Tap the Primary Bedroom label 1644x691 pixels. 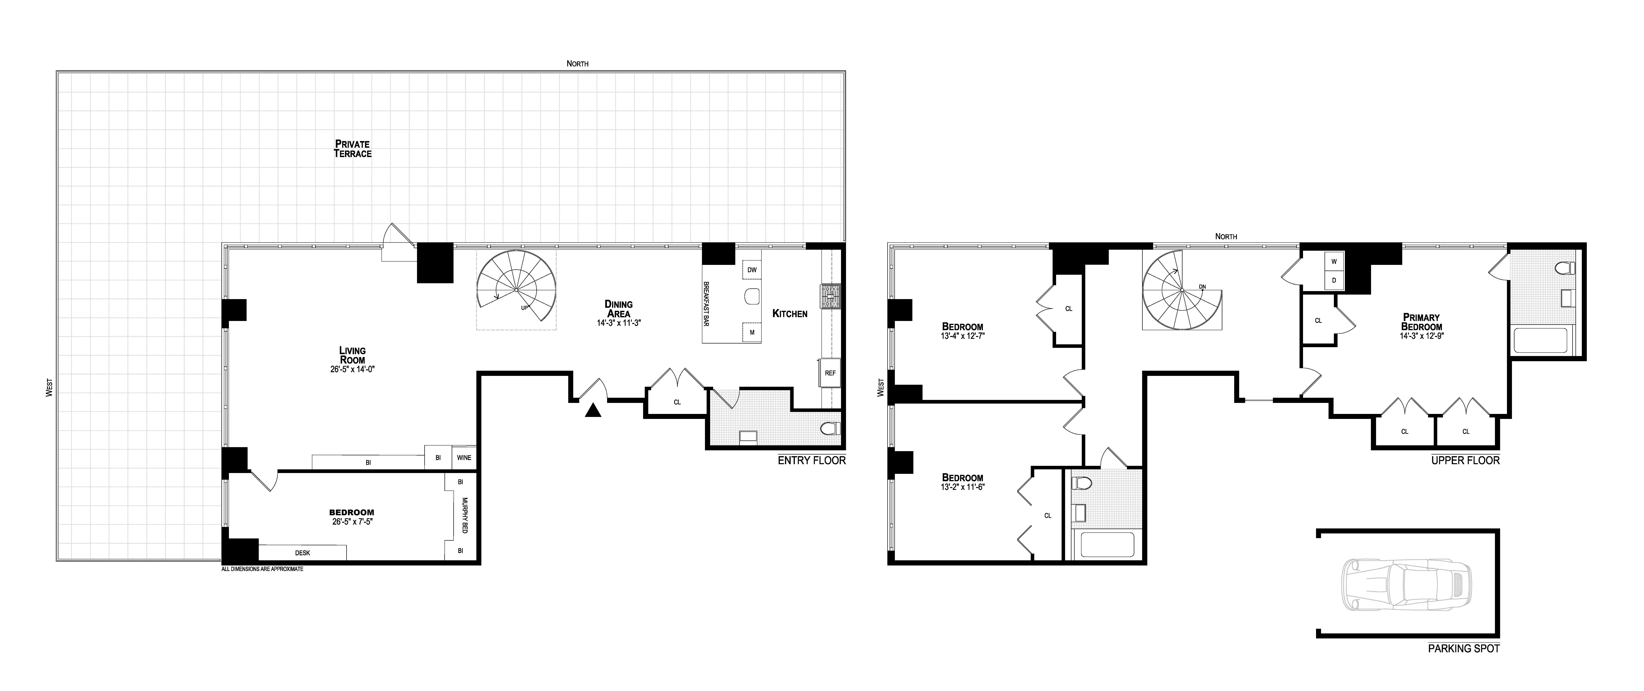pyautogui.click(x=1421, y=322)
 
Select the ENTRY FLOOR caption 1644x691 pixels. pyautogui.click(x=811, y=460)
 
